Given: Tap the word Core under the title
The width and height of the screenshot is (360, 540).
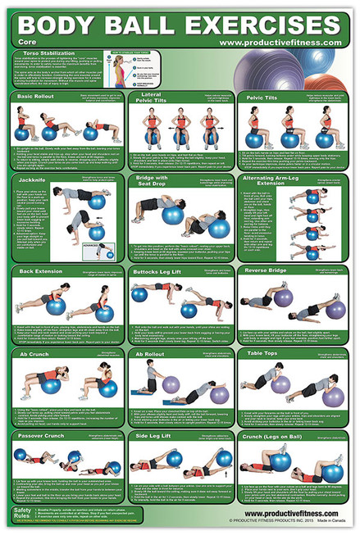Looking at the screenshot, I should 23,43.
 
